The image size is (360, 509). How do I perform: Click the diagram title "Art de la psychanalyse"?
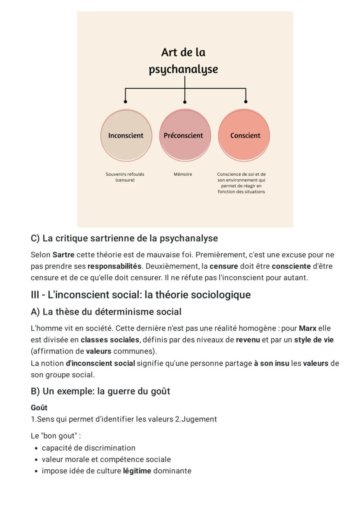[x=183, y=61]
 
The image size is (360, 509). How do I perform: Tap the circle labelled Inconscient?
[x=126, y=135]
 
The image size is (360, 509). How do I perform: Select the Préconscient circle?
[x=184, y=135]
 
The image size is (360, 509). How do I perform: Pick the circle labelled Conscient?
[x=244, y=135]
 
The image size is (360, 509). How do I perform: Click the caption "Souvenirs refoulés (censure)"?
[x=125, y=177]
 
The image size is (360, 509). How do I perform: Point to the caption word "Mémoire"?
[x=183, y=174]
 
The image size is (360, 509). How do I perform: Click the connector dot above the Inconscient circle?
[x=126, y=101]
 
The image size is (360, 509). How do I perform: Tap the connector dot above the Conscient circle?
[x=246, y=101]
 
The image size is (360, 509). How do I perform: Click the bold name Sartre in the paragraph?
[x=63, y=254]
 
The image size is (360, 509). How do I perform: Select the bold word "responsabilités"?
[x=114, y=266]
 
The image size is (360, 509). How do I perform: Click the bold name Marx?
[x=307, y=328]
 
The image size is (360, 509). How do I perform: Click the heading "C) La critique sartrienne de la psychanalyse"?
[x=124, y=238]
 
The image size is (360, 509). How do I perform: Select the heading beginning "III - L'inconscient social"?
[x=140, y=295]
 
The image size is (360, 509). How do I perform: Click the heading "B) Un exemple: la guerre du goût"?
[x=100, y=391]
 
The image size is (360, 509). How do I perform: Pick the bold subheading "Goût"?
[x=39, y=408]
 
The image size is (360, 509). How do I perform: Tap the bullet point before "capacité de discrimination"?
[x=35, y=448]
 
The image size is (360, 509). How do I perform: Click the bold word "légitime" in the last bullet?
[x=137, y=471]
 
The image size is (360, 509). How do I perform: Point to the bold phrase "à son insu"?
[x=271, y=363]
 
